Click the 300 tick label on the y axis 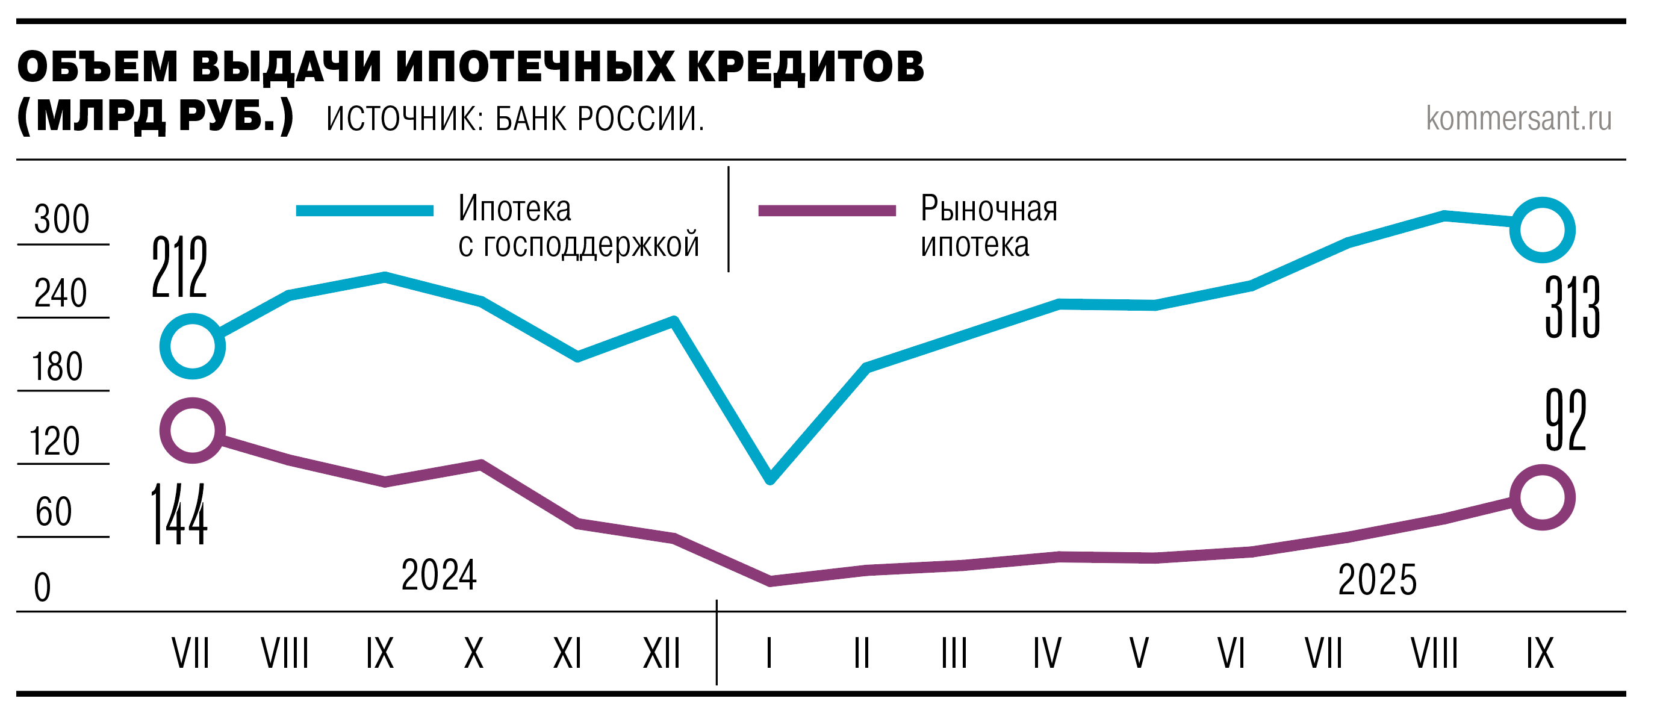click(x=62, y=219)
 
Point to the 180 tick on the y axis click(x=58, y=367)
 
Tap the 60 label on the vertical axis click(x=54, y=512)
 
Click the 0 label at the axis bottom click(x=43, y=587)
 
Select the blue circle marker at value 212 click(x=192, y=347)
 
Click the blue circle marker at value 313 click(x=1542, y=230)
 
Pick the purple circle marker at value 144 click(x=192, y=431)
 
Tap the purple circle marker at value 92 click(x=1542, y=497)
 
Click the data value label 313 click(x=1572, y=308)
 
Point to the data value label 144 click(x=179, y=515)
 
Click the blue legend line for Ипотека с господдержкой click(x=365, y=211)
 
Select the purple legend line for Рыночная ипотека click(x=827, y=211)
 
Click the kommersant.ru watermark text click(x=1519, y=119)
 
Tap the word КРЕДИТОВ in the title click(x=806, y=66)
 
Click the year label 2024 click(x=440, y=574)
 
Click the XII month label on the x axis click(x=662, y=653)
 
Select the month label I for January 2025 click(x=769, y=653)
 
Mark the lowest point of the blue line click(x=770, y=479)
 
